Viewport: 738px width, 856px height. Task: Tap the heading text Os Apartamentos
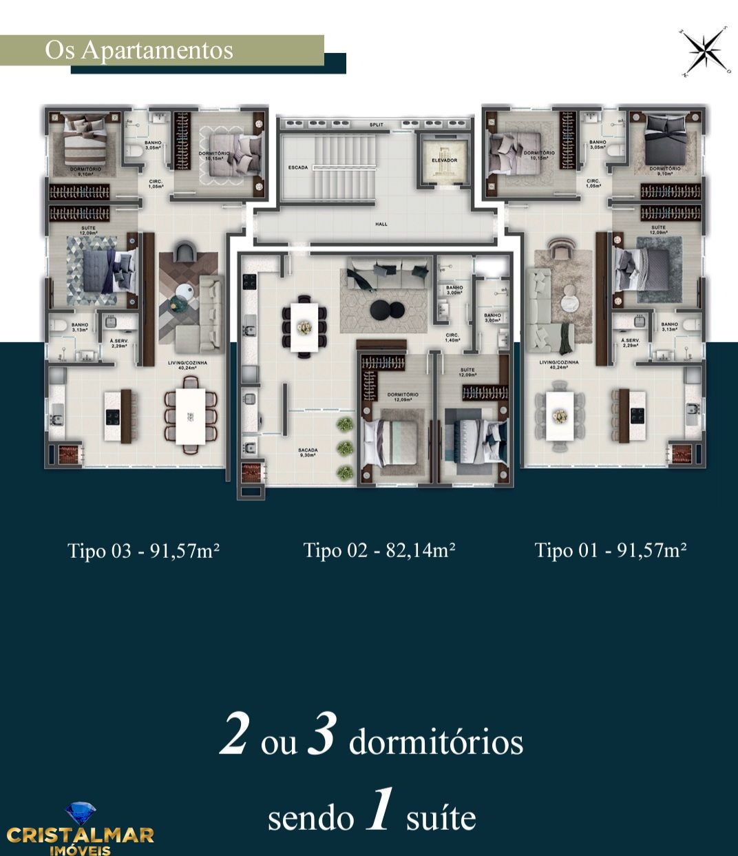(139, 50)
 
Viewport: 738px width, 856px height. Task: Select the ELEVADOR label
(444, 160)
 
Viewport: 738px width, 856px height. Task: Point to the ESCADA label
(298, 167)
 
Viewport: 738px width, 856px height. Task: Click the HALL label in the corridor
(381, 224)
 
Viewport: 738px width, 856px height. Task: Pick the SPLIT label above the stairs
(376, 125)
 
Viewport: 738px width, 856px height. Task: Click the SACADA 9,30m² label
(308, 452)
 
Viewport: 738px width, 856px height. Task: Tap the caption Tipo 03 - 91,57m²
(144, 550)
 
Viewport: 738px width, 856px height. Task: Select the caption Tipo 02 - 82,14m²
(379, 550)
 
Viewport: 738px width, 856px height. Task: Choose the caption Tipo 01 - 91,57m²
(611, 550)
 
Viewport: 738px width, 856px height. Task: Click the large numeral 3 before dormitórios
(321, 738)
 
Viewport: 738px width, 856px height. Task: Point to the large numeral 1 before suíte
(379, 813)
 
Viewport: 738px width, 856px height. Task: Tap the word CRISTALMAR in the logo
(80, 835)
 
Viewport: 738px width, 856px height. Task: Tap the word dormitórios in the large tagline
(436, 744)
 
